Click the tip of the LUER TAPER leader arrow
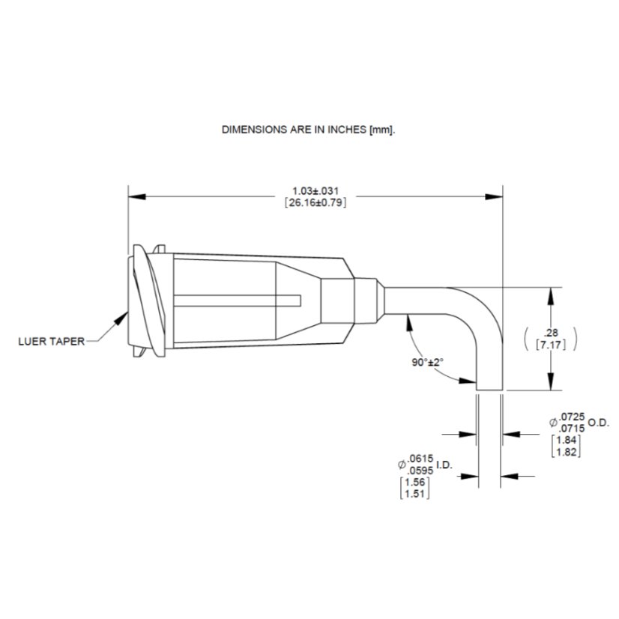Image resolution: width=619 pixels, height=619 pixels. coord(127,312)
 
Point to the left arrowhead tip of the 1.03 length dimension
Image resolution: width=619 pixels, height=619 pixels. coord(129,196)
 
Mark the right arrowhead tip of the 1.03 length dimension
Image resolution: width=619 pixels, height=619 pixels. coord(503,196)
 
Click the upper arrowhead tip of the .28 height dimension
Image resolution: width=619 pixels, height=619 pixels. coord(552,288)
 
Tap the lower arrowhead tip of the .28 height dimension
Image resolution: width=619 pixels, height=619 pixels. coord(552,390)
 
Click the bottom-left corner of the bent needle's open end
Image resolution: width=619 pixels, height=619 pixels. coord(477,390)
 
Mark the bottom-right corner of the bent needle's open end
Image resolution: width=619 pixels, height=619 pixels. coord(503,390)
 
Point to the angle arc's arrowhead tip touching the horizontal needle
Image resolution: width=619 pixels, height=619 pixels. coord(408,315)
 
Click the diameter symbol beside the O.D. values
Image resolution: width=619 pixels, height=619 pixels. coord(554,423)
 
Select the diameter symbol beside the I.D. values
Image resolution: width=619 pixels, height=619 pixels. coord(402,465)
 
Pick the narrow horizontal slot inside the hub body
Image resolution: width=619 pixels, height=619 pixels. coord(238,301)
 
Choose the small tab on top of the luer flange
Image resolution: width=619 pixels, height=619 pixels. coord(159,249)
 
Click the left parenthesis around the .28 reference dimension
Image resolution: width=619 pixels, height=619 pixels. coord(527,339)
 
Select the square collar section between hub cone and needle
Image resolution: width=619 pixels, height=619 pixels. coord(337,301)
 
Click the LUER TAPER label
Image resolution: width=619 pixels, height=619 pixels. coord(52,342)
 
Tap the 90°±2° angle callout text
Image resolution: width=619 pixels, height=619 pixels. coord(428,362)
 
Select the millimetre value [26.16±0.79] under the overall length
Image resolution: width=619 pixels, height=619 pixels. coord(315,203)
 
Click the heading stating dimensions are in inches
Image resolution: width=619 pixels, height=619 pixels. coord(308,130)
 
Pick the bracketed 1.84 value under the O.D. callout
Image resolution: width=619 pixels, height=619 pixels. coord(566,440)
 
